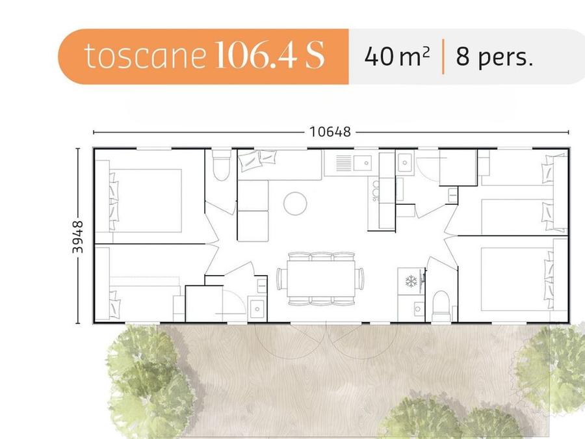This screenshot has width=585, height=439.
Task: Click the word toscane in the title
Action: point(145,56)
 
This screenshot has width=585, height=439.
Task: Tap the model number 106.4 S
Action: point(270,55)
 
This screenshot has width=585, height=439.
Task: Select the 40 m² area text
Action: point(397,57)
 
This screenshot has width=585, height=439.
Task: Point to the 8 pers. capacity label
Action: point(494,57)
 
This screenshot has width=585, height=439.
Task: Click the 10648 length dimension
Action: point(330,132)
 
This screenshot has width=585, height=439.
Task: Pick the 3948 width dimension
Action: point(77,237)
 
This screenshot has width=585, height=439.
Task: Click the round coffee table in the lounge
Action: point(295,204)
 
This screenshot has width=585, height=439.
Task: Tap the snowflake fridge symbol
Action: point(411,281)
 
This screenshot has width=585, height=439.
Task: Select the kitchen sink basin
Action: point(363,163)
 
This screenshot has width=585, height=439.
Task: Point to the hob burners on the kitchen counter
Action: point(375,191)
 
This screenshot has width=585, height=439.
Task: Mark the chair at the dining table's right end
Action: point(359,278)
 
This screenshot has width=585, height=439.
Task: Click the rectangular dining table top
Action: point(321,278)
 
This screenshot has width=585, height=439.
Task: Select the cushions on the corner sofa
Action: point(257,160)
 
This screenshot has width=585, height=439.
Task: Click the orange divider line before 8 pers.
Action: point(443,57)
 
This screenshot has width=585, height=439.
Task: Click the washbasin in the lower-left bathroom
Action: point(257,309)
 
